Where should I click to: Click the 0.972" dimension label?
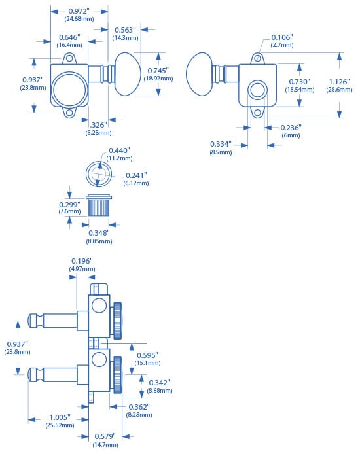pos(79,11)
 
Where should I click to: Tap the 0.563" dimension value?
pos(125,30)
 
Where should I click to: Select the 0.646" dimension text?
pos(69,37)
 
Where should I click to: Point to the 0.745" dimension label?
pos(158,71)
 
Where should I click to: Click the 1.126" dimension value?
pos(339,82)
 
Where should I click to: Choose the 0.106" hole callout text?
pos(282,37)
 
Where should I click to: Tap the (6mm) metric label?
pos(291,135)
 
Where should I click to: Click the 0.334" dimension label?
pos(221,144)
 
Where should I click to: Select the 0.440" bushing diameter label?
pos(119,150)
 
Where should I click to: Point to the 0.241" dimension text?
pos(136,175)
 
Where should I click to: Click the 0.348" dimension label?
pos(99,233)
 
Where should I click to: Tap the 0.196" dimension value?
pos(82,261)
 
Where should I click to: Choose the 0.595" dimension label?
pos(147,355)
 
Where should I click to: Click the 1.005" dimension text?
pos(60,417)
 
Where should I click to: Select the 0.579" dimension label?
pos(105,436)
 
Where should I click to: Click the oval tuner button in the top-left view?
pos(128,74)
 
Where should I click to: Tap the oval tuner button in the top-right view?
pos(200,74)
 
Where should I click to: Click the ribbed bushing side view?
pos(99,205)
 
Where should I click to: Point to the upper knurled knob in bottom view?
pos(117,321)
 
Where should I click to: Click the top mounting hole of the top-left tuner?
pos(69,58)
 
